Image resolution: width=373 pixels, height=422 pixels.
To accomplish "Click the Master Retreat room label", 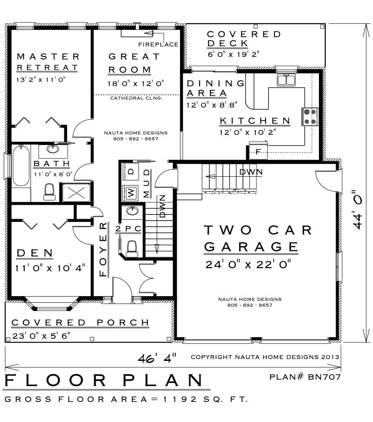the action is [48, 62].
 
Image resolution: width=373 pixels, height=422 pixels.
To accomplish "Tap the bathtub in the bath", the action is [21, 166].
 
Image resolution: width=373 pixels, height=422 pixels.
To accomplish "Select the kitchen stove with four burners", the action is [310, 117].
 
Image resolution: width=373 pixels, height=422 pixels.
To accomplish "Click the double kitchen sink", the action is [286, 80].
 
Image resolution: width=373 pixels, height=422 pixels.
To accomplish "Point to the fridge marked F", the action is [258, 151].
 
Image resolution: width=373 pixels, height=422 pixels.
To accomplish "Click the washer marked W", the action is [131, 193].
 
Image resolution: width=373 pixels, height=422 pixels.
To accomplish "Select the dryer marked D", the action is [131, 172].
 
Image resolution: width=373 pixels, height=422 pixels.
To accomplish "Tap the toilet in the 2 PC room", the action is [132, 249].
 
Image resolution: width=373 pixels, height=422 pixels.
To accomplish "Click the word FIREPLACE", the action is [158, 44].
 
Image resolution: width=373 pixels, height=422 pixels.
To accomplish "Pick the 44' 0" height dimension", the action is [358, 210].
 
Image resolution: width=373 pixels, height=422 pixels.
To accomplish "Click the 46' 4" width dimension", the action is [157, 358].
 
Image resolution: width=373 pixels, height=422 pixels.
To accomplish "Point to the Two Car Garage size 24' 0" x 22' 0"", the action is [248, 264].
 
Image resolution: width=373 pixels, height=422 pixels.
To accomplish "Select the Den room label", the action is [35, 253].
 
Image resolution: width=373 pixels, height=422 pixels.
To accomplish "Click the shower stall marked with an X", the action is [76, 192].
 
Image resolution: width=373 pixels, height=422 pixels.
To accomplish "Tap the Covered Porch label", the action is [80, 322].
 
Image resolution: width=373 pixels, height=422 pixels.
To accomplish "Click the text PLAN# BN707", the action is [305, 377].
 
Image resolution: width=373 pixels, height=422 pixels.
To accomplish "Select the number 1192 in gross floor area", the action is [180, 399].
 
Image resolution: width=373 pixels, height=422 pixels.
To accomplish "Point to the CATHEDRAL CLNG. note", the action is [136, 98].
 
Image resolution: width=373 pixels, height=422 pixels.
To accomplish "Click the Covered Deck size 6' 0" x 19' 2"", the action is [233, 54].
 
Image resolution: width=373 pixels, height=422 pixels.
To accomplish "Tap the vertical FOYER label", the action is [103, 249].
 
